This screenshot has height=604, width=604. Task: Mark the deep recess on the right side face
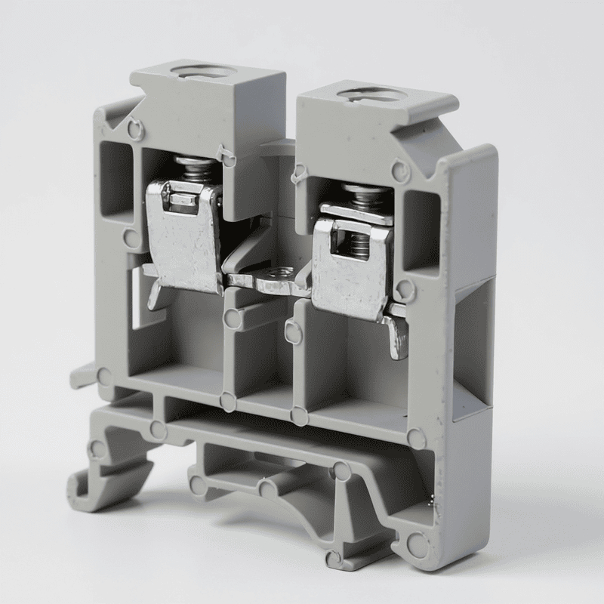tap(473, 347)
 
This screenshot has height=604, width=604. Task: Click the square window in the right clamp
tap(356, 245)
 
